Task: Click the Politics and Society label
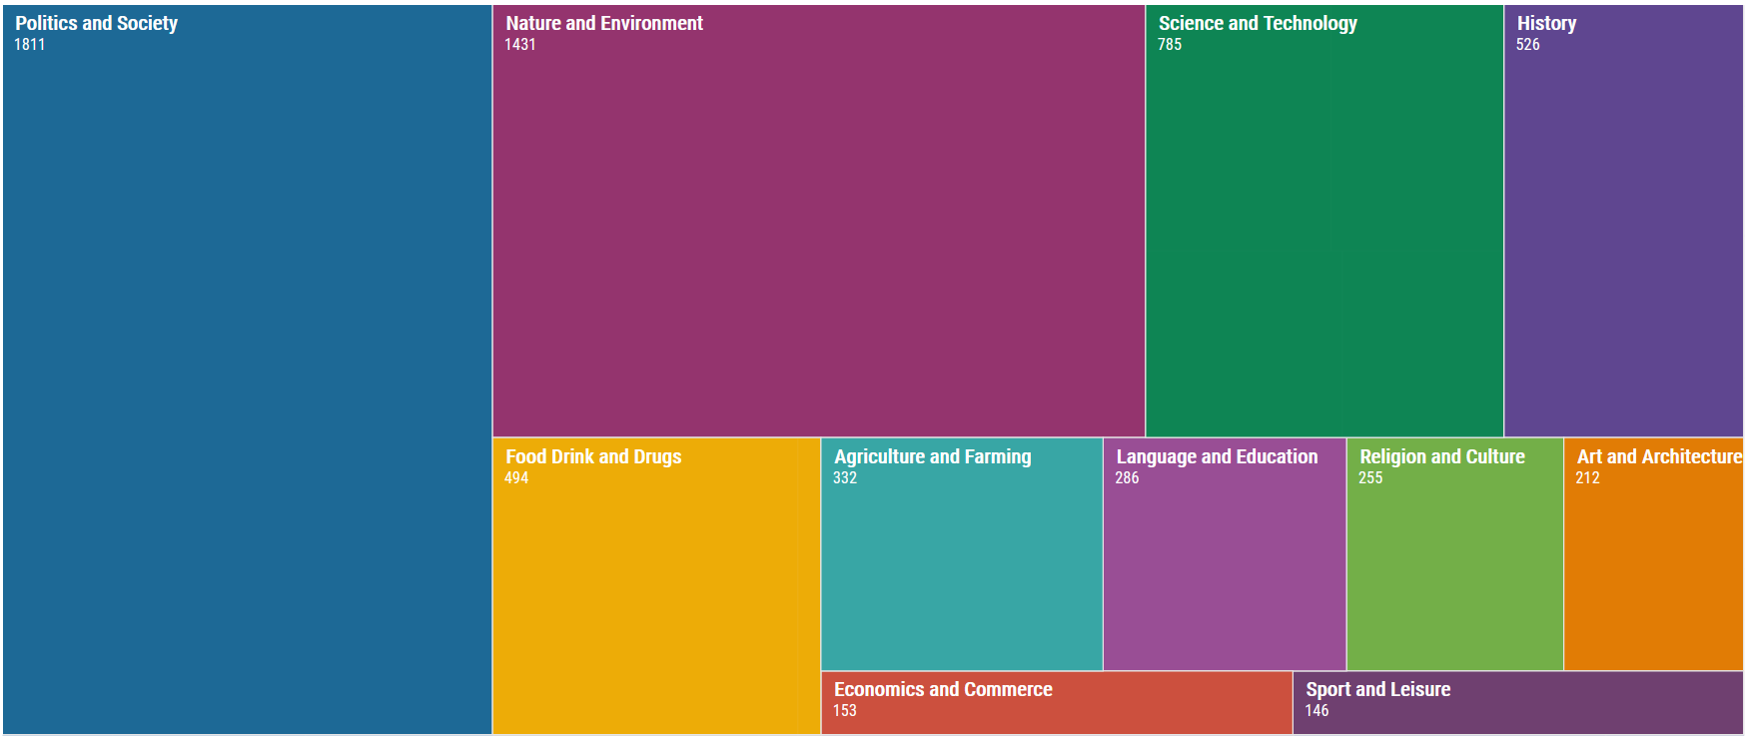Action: [x=96, y=23]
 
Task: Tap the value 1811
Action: [x=29, y=45]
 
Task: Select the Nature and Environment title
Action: [x=603, y=23]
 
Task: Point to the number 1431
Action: [x=519, y=45]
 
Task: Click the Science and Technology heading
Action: [x=1257, y=23]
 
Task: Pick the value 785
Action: [x=1169, y=45]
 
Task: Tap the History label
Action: [x=1545, y=23]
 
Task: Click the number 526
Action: [x=1527, y=45]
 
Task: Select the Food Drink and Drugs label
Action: [x=592, y=456]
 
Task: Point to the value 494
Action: [x=515, y=478]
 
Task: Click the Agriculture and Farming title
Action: [x=932, y=456]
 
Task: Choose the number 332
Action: [x=844, y=478]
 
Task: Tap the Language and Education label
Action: [x=1216, y=456]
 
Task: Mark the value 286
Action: [x=1126, y=478]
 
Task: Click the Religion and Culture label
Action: [x=1441, y=456]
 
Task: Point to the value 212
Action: [x=1587, y=478]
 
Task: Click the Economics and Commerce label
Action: [x=942, y=689]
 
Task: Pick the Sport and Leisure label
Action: [x=1377, y=689]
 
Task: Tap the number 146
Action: [x=1315, y=711]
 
